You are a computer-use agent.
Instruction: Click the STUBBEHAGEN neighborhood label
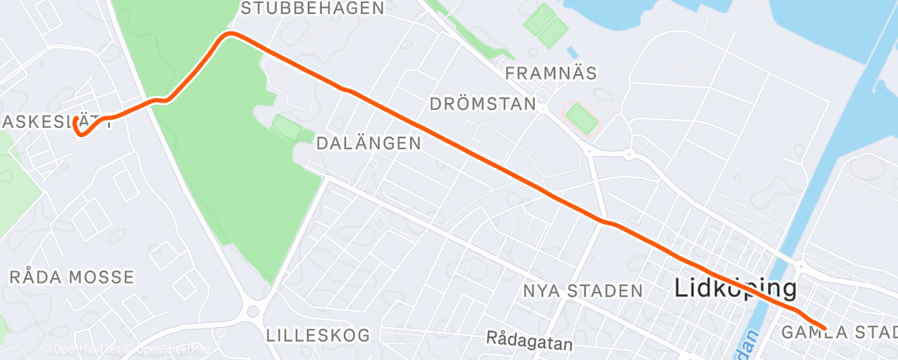313,9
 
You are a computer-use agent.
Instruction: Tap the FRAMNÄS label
551,73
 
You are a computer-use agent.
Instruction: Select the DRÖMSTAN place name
483,104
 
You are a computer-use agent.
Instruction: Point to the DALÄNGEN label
369,143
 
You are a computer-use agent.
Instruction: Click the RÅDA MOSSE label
71,277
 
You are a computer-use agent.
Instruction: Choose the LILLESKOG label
318,335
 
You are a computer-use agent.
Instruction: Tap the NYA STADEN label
583,291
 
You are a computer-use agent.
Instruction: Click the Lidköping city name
735,288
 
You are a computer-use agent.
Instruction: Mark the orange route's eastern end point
824,329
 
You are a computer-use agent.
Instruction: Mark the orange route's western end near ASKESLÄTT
76,121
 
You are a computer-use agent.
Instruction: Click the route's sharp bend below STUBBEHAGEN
230,34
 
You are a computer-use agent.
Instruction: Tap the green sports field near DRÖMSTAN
581,117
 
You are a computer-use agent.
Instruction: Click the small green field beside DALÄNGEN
286,127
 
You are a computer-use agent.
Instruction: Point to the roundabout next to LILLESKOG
253,311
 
